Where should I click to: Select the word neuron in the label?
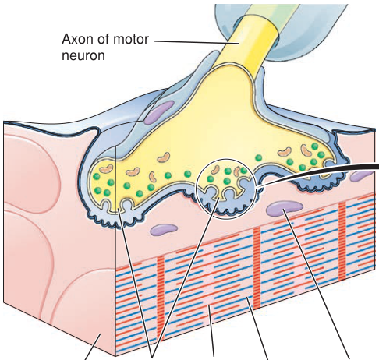coord(83,55)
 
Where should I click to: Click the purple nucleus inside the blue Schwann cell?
coord(159,111)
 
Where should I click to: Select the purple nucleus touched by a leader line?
coord(285,208)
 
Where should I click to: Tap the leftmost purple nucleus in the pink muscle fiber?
coord(164,230)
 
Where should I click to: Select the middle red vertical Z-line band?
coord(257,267)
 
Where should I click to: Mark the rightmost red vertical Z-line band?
coord(342,242)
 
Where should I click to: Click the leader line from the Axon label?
coord(197,42)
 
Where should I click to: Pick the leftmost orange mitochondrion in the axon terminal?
coord(107,169)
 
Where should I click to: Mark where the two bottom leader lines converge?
coord(153,357)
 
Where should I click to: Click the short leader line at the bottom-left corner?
coord(93,348)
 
